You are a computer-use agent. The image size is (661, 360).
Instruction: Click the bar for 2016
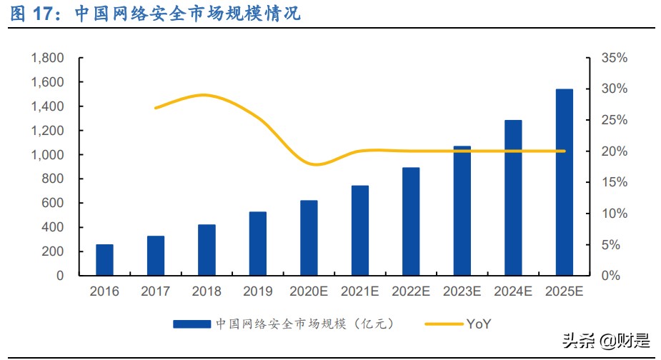coord(105,260)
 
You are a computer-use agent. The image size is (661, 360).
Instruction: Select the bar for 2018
coord(207,250)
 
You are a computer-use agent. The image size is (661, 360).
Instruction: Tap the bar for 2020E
coord(309,238)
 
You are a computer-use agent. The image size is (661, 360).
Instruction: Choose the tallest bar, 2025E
coord(565,182)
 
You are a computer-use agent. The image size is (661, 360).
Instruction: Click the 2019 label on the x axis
coord(257,291)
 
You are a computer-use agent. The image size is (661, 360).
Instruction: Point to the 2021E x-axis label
coord(359,291)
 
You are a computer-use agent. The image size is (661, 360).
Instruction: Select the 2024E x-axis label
coord(513,291)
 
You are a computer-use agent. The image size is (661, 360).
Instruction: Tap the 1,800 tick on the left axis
coord(47,58)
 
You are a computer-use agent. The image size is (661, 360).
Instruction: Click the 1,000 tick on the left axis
coord(47,155)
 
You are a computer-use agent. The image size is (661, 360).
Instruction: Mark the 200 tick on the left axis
coord(54,251)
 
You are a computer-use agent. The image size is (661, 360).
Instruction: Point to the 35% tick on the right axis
coord(613,58)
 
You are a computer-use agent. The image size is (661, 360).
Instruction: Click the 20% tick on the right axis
coord(613,151)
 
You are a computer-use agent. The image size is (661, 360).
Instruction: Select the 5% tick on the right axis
coord(610,245)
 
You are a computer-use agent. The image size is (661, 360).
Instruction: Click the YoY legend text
coord(479,324)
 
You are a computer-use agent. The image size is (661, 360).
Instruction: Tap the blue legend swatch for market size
coord(192,324)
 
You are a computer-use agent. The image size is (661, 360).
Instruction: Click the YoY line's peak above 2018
coord(205,95)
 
